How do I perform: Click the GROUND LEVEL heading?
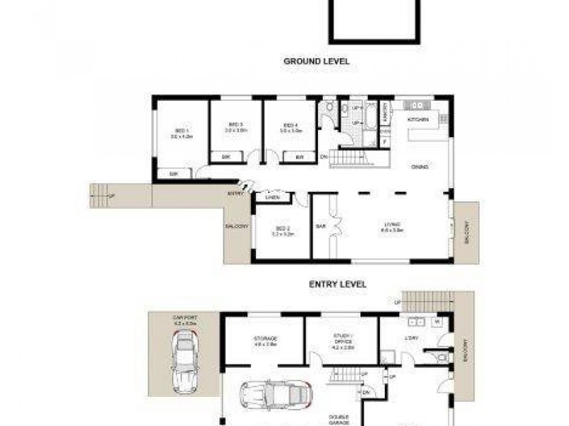tap(317, 62)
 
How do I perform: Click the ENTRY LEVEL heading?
tap(337, 284)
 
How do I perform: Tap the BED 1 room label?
tap(181, 133)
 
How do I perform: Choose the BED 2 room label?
tap(282, 229)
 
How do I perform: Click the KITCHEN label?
tap(418, 120)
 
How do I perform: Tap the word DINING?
tap(419, 167)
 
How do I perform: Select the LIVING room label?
tap(392, 227)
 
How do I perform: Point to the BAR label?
tap(320, 227)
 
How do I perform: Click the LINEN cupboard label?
tap(271, 198)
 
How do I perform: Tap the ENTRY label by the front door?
tap(235, 192)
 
